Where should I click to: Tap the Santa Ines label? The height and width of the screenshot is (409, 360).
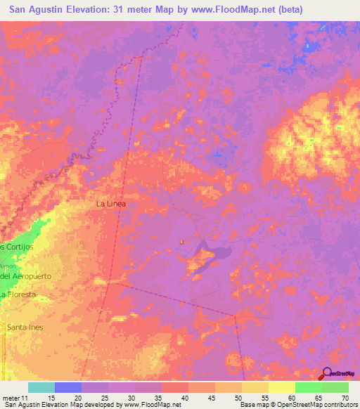[25, 327]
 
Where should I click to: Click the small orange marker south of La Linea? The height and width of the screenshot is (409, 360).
[182, 242]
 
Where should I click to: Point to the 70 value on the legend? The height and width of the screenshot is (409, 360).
[343, 396]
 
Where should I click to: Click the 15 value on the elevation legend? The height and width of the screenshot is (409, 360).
[51, 396]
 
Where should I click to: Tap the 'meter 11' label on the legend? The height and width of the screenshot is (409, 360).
[15, 396]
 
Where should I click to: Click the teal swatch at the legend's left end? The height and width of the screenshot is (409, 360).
[41, 387]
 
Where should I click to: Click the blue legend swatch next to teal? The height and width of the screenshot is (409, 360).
[68, 387]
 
